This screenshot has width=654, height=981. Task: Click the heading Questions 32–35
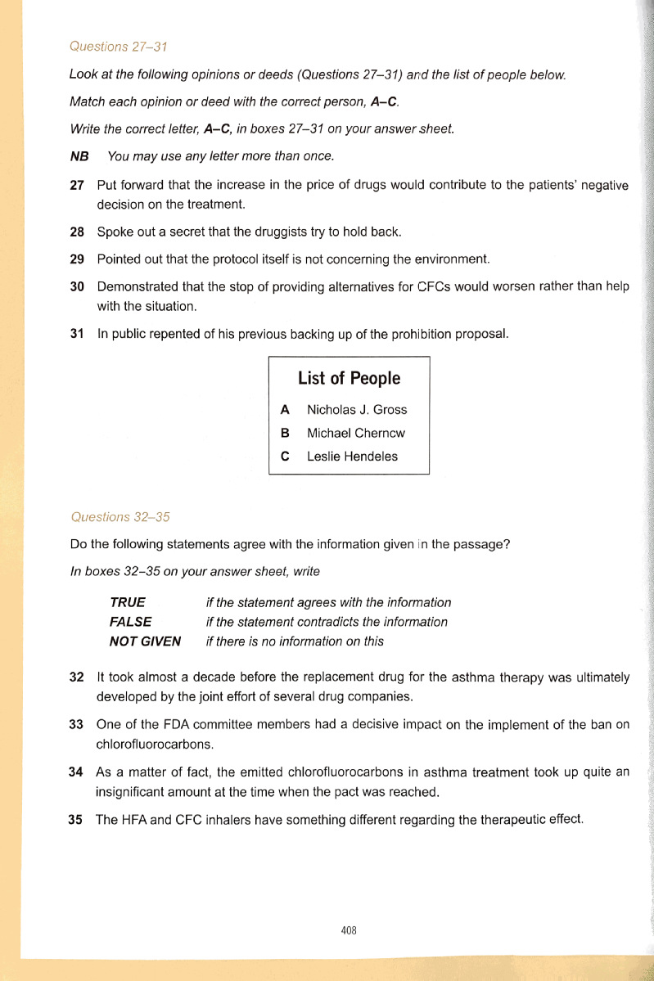[x=120, y=517]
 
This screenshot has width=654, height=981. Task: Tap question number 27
[x=77, y=186]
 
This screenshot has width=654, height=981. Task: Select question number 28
[x=77, y=232]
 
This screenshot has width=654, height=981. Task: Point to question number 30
[x=77, y=287]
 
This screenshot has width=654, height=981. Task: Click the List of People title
[x=349, y=378]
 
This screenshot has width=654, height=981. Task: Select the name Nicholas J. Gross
[x=356, y=410]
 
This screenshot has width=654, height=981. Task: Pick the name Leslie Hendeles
[x=352, y=457]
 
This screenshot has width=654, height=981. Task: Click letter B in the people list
[x=285, y=434]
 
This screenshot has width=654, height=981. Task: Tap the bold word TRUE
[x=127, y=603]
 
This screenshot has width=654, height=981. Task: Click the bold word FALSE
[x=130, y=622]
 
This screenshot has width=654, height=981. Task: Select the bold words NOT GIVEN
[x=145, y=641]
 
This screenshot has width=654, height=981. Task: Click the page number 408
[x=349, y=930]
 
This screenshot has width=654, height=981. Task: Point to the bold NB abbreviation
[x=79, y=156]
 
